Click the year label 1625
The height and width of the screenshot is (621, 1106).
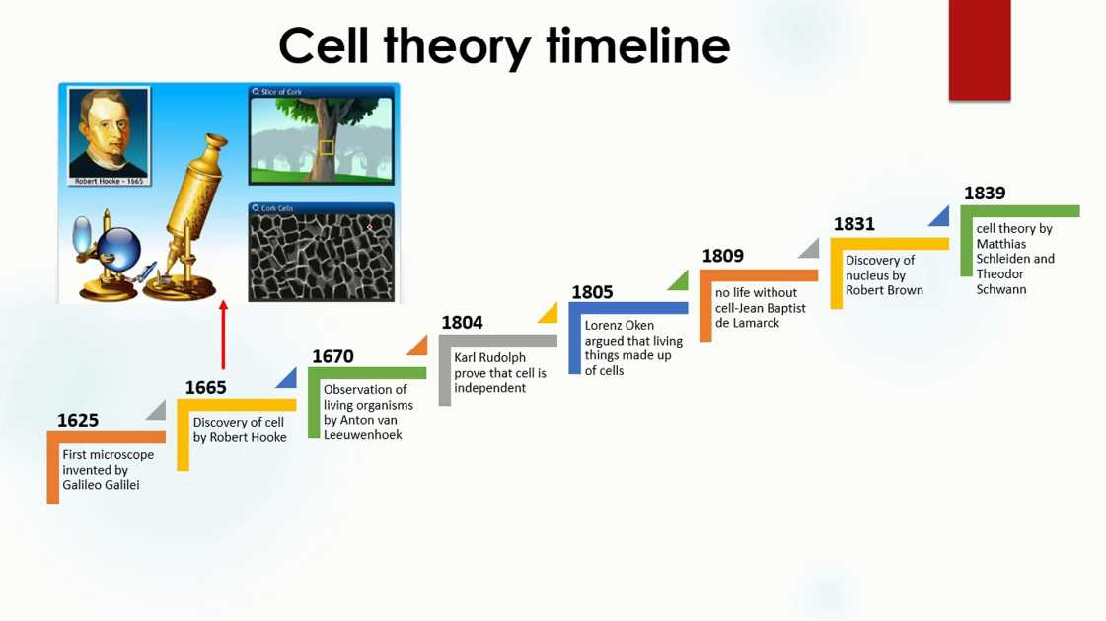pyautogui.click(x=78, y=420)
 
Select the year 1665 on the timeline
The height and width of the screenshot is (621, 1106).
pyautogui.click(x=206, y=387)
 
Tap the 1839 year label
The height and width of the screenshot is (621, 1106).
pyautogui.click(x=985, y=193)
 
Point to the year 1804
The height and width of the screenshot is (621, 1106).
pyautogui.click(x=462, y=323)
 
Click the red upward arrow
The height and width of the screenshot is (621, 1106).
pyautogui.click(x=224, y=336)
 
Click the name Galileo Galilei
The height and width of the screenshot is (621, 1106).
pyautogui.click(x=101, y=485)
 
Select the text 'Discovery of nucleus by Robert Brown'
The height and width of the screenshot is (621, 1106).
pyautogui.click(x=885, y=275)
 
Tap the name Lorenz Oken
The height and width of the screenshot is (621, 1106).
pyautogui.click(x=620, y=326)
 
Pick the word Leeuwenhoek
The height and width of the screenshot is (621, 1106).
pyautogui.click(x=362, y=435)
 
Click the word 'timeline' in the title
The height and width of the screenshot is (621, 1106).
pyautogui.click(x=638, y=45)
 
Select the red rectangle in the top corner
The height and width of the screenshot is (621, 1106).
pyautogui.click(x=980, y=50)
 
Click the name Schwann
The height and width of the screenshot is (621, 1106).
pyautogui.click(x=1000, y=289)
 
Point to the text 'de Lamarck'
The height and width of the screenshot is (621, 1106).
pyautogui.click(x=747, y=323)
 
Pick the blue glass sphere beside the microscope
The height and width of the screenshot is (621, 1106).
pyautogui.click(x=118, y=248)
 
